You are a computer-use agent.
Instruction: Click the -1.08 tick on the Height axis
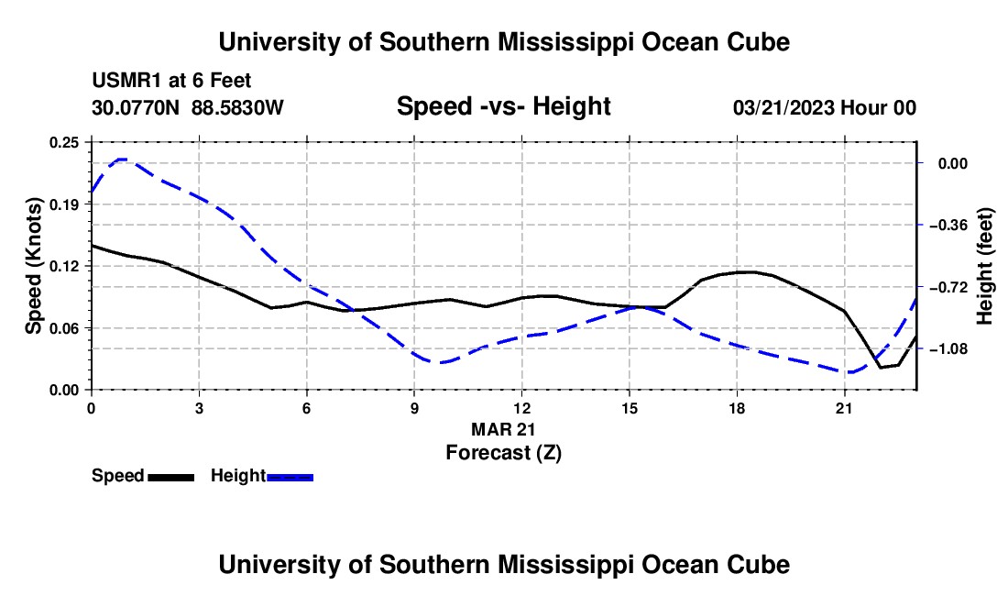[x=948, y=349]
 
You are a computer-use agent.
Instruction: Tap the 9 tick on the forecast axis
[x=414, y=408]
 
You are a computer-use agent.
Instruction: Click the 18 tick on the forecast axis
[x=737, y=408]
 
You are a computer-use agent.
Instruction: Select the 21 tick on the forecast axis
[x=844, y=408]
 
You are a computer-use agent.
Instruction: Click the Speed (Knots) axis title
[x=33, y=266]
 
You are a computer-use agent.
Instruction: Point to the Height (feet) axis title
[x=984, y=266]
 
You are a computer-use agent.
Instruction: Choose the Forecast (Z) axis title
[x=504, y=453]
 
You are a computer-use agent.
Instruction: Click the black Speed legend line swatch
[x=171, y=478]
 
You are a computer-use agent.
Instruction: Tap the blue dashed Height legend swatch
[x=290, y=478]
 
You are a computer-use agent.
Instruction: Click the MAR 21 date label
[x=503, y=429]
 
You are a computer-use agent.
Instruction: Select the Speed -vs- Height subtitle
[x=503, y=106]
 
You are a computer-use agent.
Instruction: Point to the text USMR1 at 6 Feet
[x=171, y=81]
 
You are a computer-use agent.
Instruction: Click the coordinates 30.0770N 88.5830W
[x=188, y=107]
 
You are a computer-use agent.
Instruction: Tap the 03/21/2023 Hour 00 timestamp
[x=825, y=107]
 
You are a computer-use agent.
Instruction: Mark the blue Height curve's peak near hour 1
[x=122, y=159]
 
